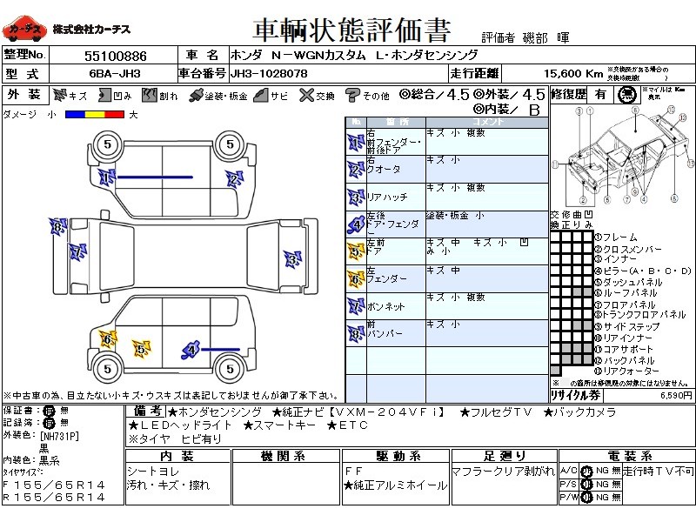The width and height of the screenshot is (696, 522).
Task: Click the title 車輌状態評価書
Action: point(351,31)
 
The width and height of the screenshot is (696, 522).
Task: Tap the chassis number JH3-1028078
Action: point(269,74)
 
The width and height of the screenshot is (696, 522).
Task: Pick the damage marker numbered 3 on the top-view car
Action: point(292,258)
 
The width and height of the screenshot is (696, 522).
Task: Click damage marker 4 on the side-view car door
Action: point(191,350)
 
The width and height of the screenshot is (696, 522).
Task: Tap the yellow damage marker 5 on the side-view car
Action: point(141,349)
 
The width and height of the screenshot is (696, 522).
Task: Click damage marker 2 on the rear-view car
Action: point(233,179)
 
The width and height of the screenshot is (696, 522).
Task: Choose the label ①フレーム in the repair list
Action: point(616,237)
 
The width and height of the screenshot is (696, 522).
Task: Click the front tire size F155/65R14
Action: point(54,484)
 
